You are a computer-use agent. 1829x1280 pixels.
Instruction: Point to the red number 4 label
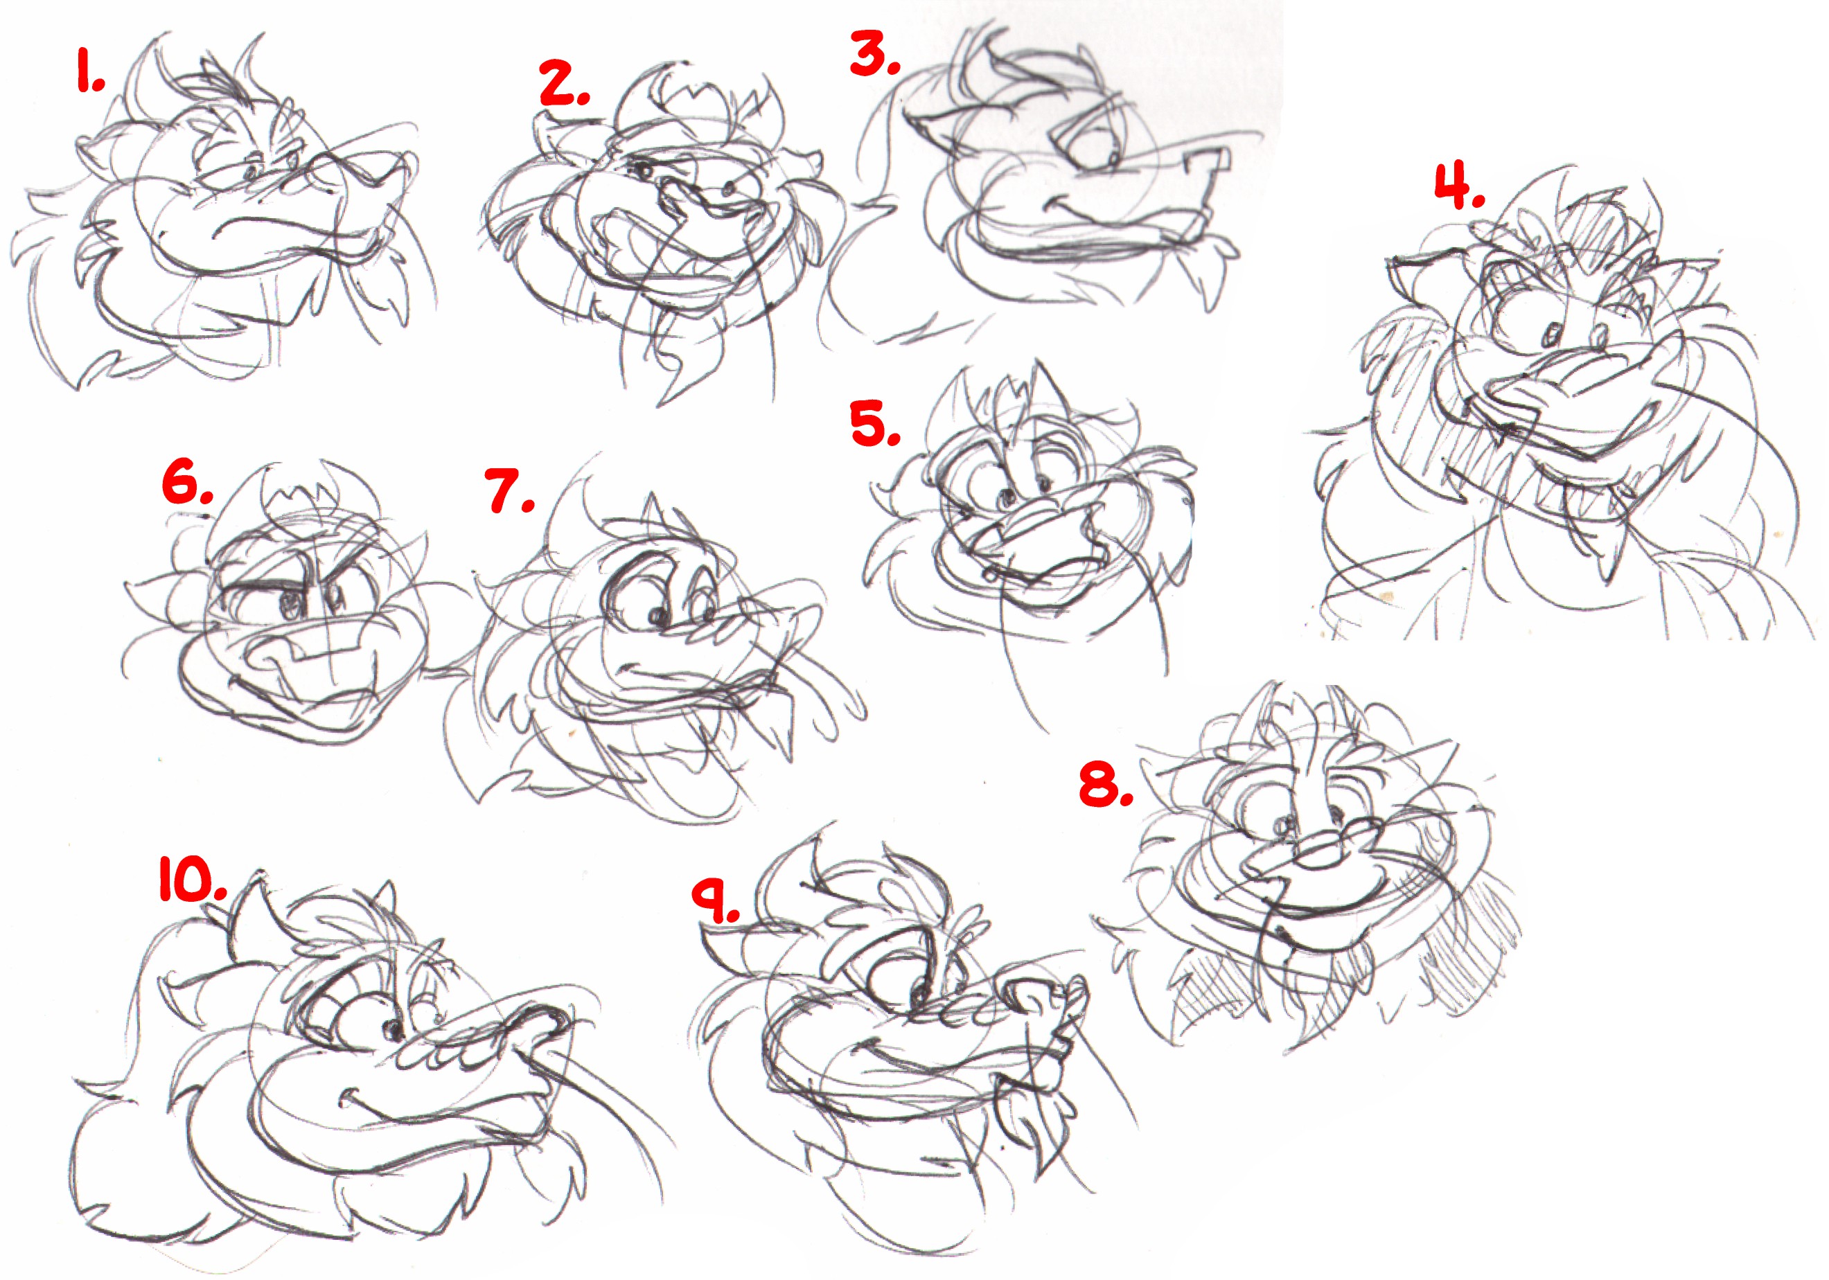1459,186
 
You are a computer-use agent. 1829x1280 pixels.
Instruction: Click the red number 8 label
1106,784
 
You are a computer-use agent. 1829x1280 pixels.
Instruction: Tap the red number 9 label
716,901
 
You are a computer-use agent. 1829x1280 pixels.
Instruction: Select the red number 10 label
193,880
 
